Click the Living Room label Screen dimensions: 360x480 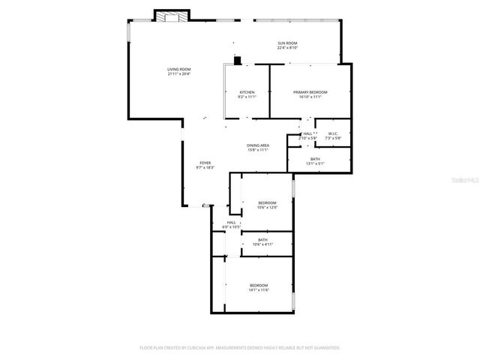click(178, 70)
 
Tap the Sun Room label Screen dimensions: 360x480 click(287, 43)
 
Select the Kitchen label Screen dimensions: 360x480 click(247, 92)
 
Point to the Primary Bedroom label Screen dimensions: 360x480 click(310, 92)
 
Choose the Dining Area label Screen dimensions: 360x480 click(258, 145)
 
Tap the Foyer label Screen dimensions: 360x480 click(205, 163)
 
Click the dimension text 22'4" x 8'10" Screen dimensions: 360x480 click(287, 48)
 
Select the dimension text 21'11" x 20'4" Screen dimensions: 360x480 click(178, 74)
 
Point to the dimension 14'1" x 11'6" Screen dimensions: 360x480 click(259, 289)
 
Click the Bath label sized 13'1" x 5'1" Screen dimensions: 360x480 click(315, 159)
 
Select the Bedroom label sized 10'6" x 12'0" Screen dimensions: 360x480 click(267, 202)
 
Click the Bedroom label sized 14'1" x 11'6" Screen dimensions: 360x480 click(259, 285)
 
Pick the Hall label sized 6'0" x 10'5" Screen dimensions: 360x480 click(232, 222)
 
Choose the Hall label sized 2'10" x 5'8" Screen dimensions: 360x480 click(307, 133)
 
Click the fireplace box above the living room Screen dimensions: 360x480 click(172, 16)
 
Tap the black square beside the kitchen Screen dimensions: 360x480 click(238, 61)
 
